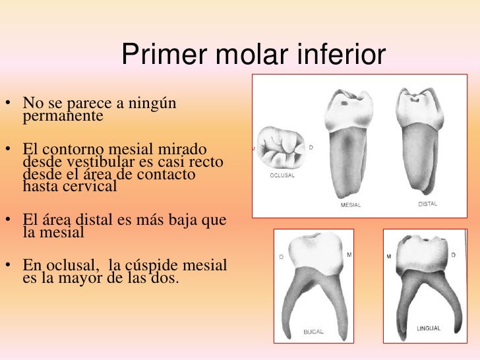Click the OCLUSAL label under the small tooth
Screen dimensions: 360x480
coord(283,176)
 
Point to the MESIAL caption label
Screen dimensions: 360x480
coord(350,205)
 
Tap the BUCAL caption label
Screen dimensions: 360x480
coord(313,332)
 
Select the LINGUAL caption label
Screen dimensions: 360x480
coord(429,328)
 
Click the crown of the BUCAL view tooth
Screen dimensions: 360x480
coord(313,254)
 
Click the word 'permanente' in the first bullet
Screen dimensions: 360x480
coord(63,117)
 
